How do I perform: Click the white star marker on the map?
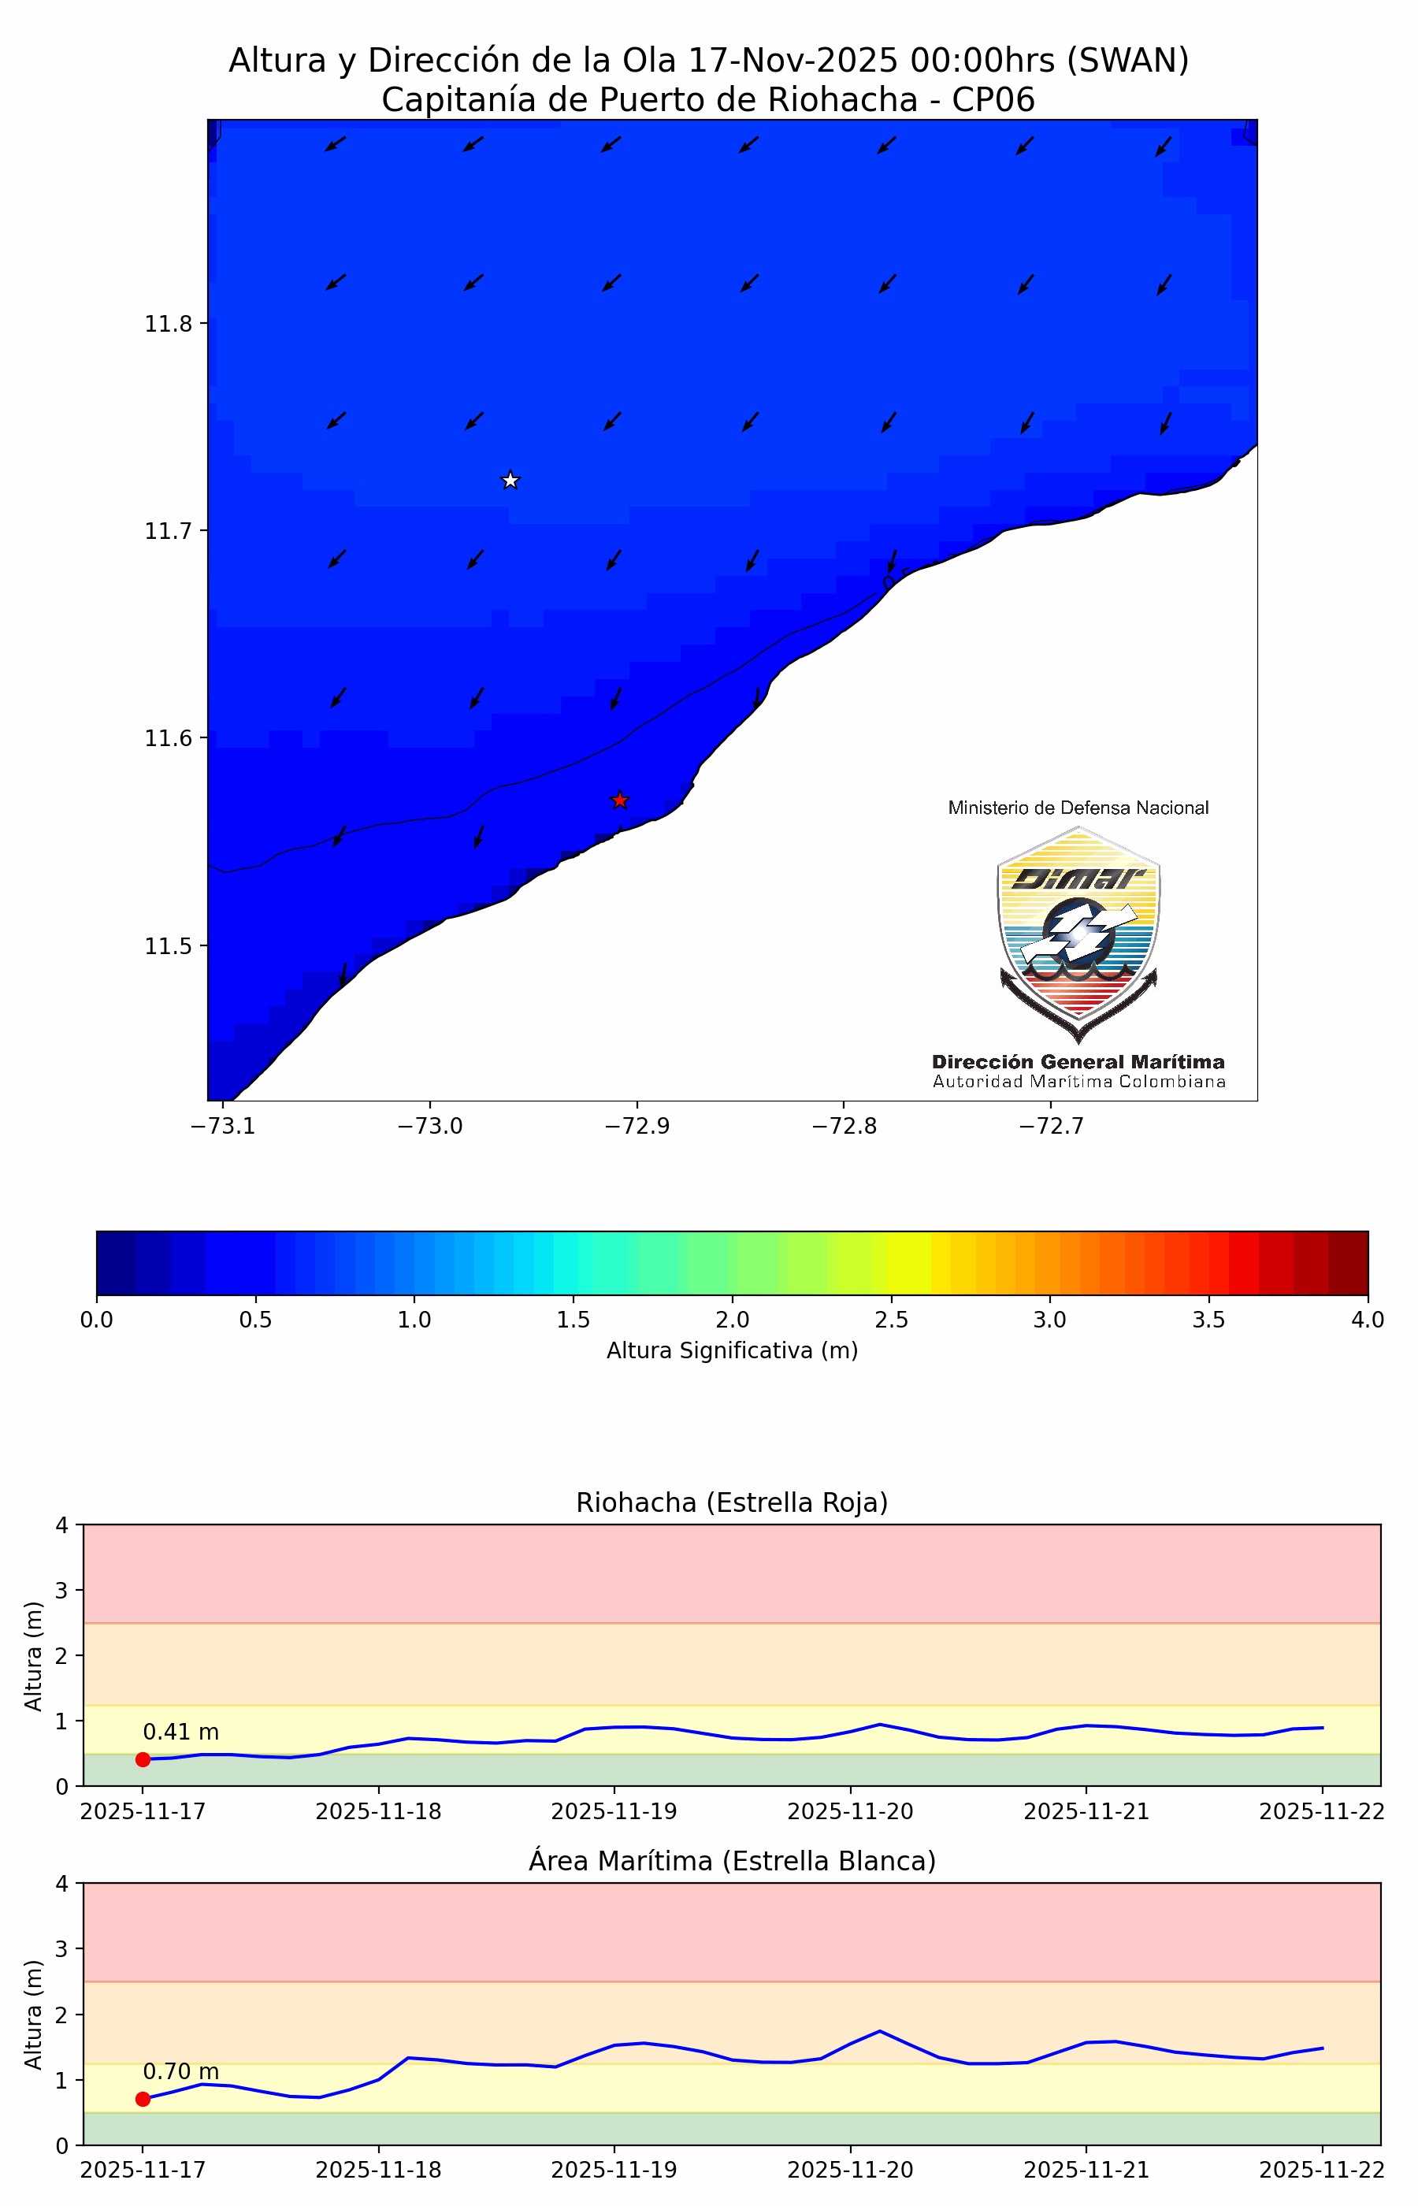(x=510, y=480)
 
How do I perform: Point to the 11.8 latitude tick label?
(x=168, y=323)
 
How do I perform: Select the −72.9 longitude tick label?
(x=637, y=1126)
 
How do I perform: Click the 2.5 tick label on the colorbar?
(x=890, y=1320)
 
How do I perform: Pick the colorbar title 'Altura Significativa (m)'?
(x=732, y=1350)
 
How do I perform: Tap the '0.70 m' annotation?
(x=180, y=2070)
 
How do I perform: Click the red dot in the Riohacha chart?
(x=143, y=1759)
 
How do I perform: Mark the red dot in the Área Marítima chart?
(x=143, y=2098)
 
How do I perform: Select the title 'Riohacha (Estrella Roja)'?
(x=732, y=1502)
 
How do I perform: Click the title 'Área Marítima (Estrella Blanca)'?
(x=732, y=1861)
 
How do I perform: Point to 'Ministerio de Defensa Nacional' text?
(x=1078, y=808)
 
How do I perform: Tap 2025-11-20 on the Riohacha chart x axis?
(x=850, y=1811)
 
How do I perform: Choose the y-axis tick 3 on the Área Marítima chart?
(x=62, y=1948)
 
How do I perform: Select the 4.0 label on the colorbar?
(x=1368, y=1320)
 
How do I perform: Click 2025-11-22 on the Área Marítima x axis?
(x=1321, y=2169)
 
